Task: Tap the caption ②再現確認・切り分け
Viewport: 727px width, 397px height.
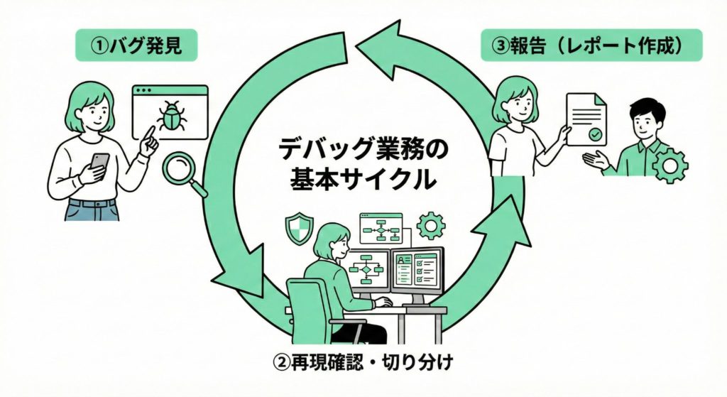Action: (x=363, y=361)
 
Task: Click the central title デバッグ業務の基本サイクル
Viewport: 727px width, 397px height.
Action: (x=362, y=165)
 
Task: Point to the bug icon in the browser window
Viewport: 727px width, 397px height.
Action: (x=171, y=116)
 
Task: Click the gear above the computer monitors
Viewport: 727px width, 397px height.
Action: (x=430, y=226)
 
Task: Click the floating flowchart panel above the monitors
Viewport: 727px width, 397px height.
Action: (x=381, y=227)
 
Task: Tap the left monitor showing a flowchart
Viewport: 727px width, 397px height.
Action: (x=368, y=271)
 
